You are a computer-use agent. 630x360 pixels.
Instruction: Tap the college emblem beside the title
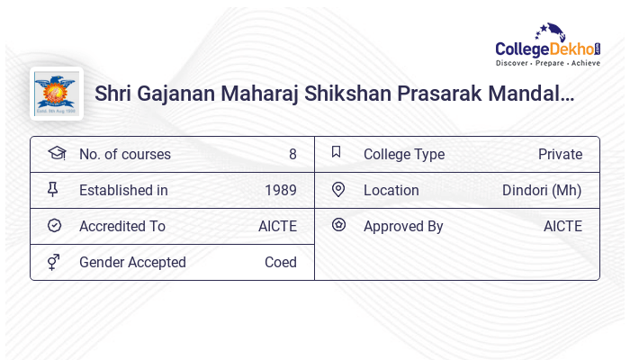coord(57,94)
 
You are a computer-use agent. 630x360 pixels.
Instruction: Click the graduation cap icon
coord(56,153)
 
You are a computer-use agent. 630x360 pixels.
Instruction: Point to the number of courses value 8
coord(292,155)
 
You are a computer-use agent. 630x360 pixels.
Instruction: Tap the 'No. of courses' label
coord(125,155)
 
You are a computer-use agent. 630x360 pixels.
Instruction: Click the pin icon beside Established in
coord(53,189)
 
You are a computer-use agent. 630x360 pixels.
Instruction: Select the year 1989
coord(281,191)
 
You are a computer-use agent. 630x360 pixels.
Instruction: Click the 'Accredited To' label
coord(122,227)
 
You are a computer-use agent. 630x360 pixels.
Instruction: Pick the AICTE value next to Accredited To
coord(277,227)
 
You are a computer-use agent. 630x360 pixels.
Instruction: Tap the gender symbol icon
coord(53,262)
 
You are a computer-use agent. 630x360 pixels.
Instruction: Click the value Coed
coord(281,263)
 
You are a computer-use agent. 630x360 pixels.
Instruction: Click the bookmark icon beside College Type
coord(336,152)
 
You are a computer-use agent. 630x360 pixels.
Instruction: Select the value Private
coord(560,155)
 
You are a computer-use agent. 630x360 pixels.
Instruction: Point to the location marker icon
coord(338,189)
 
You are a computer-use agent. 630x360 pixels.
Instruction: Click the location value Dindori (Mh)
coord(542,191)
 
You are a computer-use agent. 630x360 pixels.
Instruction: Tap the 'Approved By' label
coord(403,227)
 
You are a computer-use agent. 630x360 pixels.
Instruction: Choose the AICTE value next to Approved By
coord(562,227)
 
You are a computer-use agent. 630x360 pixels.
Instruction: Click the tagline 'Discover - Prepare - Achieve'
coord(548,64)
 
